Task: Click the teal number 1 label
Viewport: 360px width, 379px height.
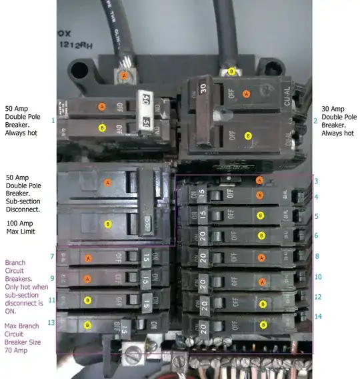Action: pos(52,120)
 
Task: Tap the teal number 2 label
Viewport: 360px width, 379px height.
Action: pos(315,121)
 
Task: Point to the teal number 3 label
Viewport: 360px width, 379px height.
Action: pos(316,181)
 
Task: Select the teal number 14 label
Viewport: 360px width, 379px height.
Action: pos(317,316)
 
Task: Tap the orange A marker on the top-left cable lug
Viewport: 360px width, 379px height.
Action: pos(124,77)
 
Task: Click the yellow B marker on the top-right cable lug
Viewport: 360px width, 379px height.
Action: pos(231,71)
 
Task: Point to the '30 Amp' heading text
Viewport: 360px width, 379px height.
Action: pos(333,108)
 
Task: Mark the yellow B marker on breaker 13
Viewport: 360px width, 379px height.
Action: pos(87,325)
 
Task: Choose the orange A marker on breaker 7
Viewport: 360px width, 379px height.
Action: pos(87,257)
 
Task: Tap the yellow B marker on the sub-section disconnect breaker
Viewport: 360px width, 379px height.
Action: pos(107,226)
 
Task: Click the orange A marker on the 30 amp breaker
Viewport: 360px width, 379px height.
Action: pos(247,95)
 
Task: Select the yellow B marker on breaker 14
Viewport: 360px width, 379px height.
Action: pos(264,325)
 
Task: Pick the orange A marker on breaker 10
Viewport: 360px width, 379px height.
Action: pos(262,282)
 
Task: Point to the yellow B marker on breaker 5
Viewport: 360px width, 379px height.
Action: pos(261,216)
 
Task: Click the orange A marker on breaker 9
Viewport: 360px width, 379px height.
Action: pos(87,278)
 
